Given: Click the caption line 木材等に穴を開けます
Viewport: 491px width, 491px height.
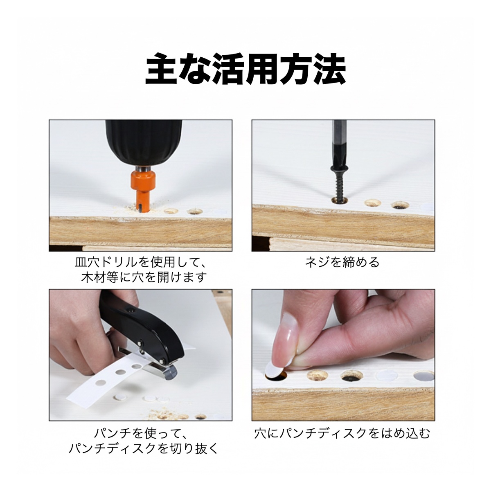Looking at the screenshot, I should click(144, 278).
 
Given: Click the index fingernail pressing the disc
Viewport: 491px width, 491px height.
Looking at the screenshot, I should click(286, 336).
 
